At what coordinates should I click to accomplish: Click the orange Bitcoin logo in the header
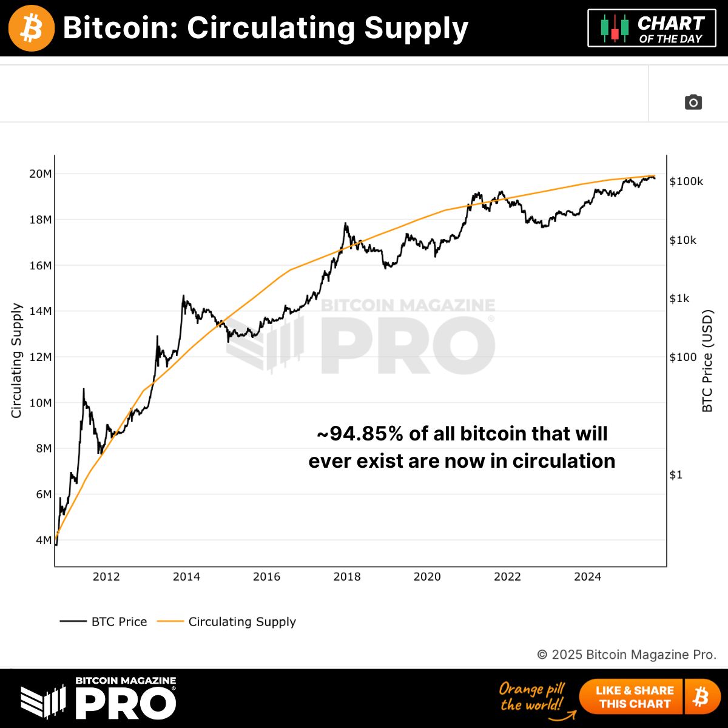pos(32,29)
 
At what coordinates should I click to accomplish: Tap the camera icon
pos(693,102)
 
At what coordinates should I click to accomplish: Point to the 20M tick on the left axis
pos(41,174)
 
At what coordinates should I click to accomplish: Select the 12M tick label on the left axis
pos(41,357)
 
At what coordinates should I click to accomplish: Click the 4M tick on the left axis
pos(42,541)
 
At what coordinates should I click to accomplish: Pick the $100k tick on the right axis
pos(686,181)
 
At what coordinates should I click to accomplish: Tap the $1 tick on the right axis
pos(676,475)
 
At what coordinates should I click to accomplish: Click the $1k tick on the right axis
pos(679,298)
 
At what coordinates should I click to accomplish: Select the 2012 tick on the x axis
pos(106,577)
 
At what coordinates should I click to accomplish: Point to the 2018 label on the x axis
pos(347,577)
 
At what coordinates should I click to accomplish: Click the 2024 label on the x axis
pos(587,577)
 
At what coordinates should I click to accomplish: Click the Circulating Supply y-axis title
pos(17,360)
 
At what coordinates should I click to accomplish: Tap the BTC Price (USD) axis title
pos(707,361)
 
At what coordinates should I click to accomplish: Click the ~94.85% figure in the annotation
pos(360,434)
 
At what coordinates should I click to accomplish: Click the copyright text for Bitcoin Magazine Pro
pos(627,655)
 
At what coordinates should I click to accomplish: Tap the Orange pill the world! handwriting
pos(531,696)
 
